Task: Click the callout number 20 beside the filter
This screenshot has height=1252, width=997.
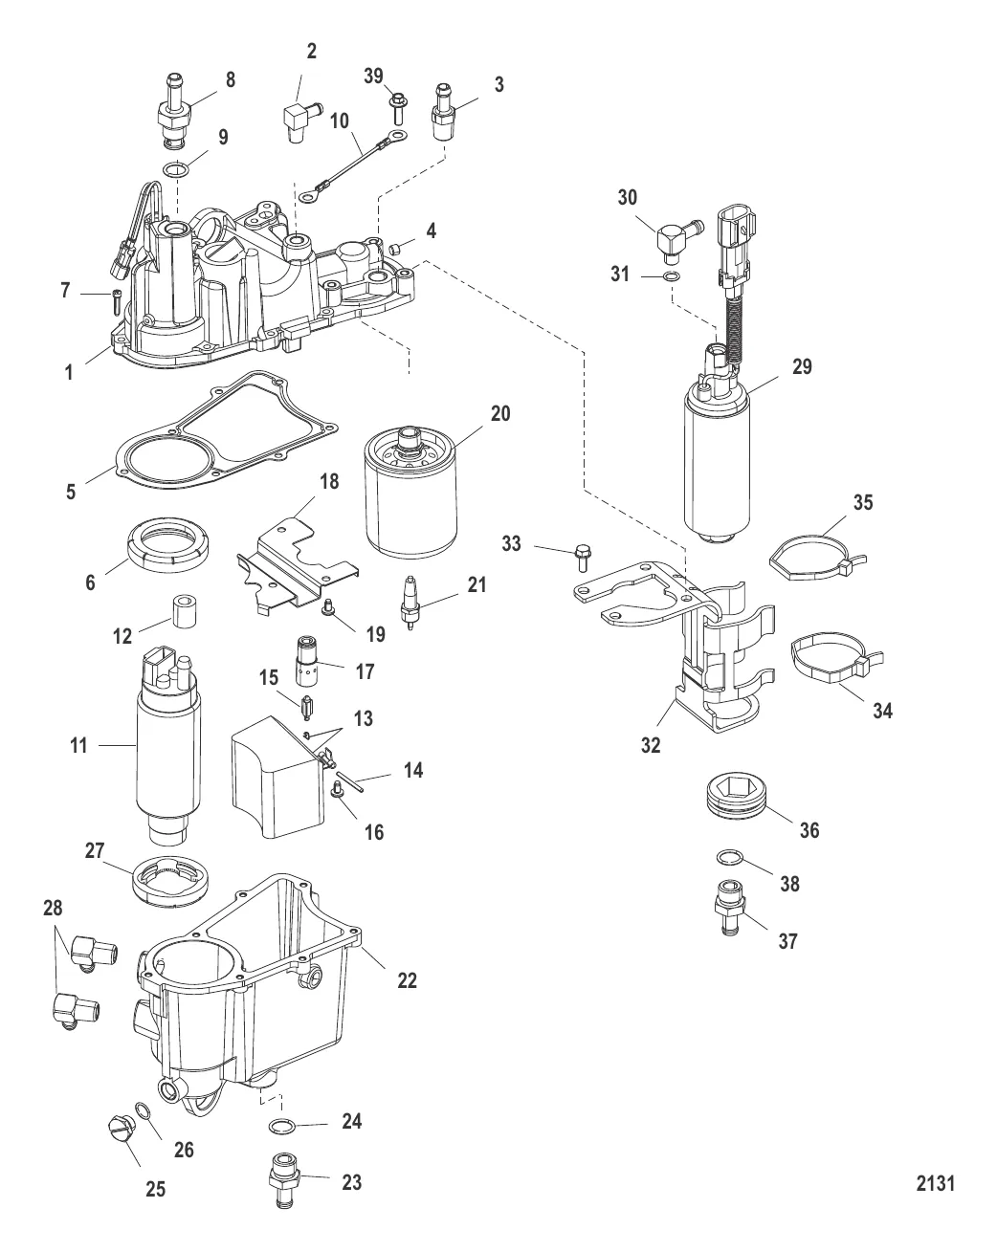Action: point(500,414)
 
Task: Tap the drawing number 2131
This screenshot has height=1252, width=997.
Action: point(935,1184)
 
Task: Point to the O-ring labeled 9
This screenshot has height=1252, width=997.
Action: point(173,170)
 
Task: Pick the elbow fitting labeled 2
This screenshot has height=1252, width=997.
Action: point(295,122)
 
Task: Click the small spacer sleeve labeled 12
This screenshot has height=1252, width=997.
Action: point(183,612)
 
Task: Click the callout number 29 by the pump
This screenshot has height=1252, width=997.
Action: point(802,366)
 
